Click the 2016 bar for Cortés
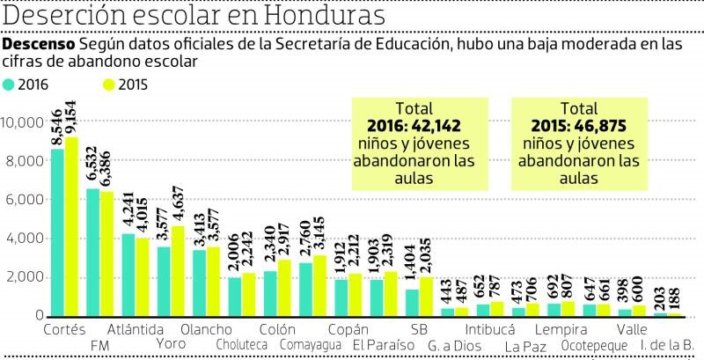click(57, 232)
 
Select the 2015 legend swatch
click(109, 85)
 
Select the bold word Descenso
click(40, 44)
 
